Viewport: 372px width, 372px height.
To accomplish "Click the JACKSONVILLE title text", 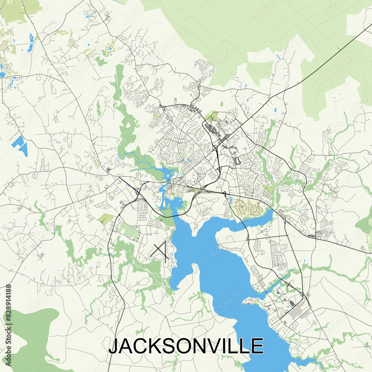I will tap(186, 346).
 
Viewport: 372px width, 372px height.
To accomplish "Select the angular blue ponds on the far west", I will tap(20, 145).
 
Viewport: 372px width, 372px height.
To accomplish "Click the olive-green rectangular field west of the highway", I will tap(106, 219).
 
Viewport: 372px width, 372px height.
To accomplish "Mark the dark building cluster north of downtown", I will tap(214, 132).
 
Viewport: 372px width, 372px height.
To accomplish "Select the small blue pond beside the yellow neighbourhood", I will tap(231, 199).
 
